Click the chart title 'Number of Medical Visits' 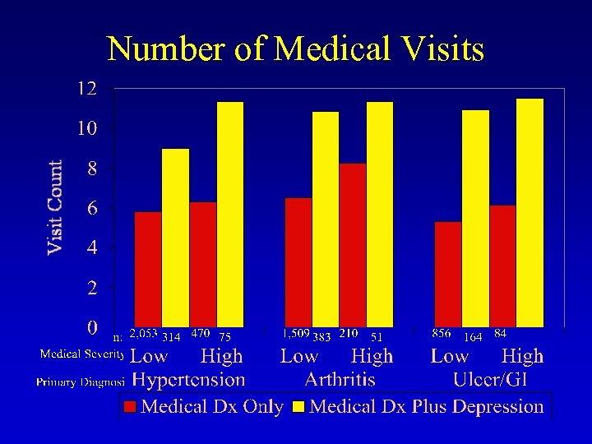pos(296,49)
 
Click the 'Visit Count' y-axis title pos(55,206)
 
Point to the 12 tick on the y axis pos(86,89)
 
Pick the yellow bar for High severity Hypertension pos(230,214)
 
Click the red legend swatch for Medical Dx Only pos(130,406)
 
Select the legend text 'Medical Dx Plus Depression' pos(427,406)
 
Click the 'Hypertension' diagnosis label pos(188,380)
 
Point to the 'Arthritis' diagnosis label pos(340,380)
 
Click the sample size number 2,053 pos(143,334)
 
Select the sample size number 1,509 pos(296,334)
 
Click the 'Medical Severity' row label pos(82,354)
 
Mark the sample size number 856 pos(442,334)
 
